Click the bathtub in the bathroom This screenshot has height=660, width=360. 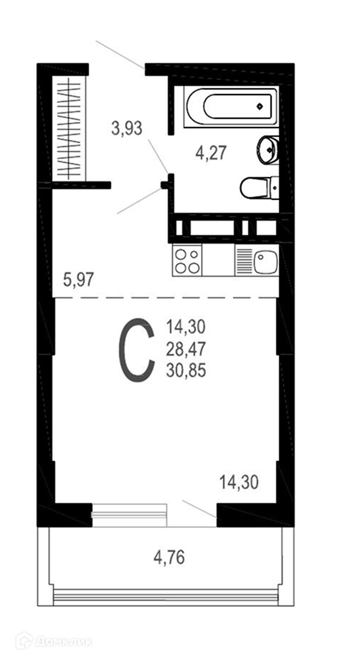(231, 107)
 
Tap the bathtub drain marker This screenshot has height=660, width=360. (260, 107)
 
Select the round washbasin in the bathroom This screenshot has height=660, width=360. (267, 150)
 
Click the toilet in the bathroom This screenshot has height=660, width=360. (260, 188)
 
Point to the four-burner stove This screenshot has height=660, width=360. (187, 261)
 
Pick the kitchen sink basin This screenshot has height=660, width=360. (265, 261)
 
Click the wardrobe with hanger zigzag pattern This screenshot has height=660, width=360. (69, 129)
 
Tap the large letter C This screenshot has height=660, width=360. (136, 350)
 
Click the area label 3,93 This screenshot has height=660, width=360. (127, 128)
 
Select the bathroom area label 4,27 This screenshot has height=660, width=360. (212, 152)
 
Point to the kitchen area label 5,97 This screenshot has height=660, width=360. (78, 279)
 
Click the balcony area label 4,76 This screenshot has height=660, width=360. (169, 558)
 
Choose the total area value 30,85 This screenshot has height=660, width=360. (186, 370)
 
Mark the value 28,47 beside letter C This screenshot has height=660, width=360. (186, 348)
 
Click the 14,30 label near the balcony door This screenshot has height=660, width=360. (239, 482)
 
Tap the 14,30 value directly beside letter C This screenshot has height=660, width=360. (186, 326)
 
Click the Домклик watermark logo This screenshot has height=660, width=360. (54, 641)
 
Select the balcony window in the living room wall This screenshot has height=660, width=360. (130, 515)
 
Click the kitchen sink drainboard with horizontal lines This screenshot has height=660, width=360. (245, 261)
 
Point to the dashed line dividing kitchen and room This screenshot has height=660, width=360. (165, 297)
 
